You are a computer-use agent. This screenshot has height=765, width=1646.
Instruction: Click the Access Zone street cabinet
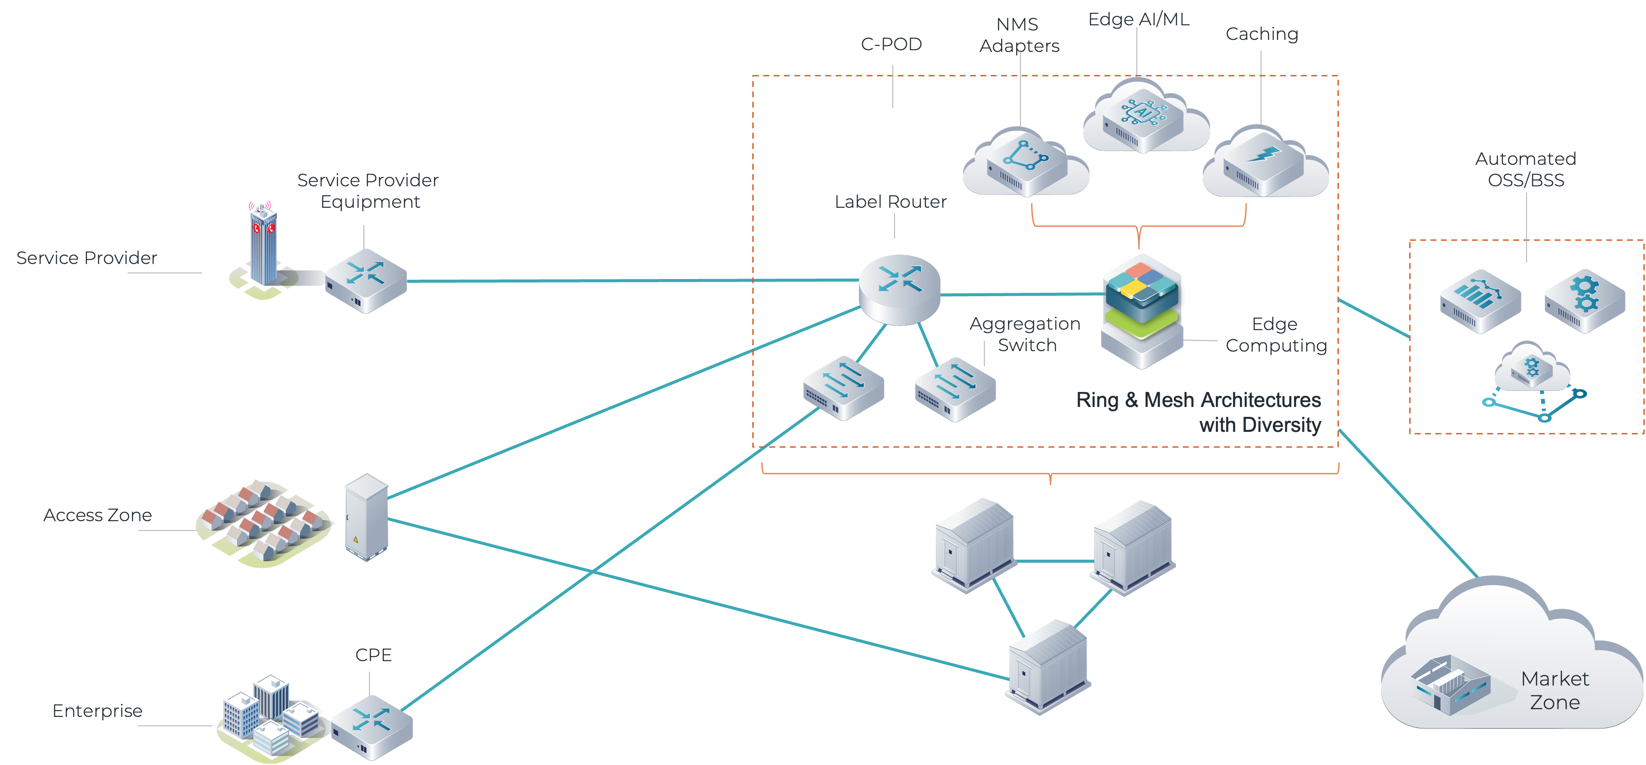tap(366, 516)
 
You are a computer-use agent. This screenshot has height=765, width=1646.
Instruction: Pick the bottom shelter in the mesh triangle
tap(1048, 667)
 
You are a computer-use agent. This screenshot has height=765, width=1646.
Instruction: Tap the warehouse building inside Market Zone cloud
tap(1451, 686)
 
